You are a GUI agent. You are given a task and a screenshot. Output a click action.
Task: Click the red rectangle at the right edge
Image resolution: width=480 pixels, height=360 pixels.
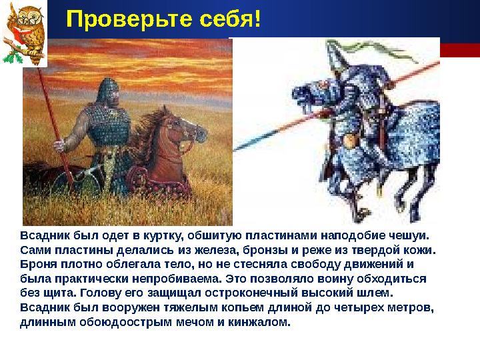click(x=461, y=50)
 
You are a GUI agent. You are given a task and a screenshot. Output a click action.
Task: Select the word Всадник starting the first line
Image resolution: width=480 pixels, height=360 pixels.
click(x=42, y=235)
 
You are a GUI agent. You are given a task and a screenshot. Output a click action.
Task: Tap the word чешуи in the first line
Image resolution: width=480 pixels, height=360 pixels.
click(x=412, y=235)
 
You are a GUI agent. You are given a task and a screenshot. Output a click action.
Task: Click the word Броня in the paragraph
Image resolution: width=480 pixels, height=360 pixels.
click(x=37, y=264)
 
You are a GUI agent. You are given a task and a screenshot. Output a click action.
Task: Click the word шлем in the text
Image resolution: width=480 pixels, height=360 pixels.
click(x=379, y=293)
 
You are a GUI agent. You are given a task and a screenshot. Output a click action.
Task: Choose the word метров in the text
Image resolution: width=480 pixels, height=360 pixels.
click(x=410, y=308)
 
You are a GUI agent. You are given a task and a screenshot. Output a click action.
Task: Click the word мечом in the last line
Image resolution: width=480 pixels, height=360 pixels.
click(x=195, y=323)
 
